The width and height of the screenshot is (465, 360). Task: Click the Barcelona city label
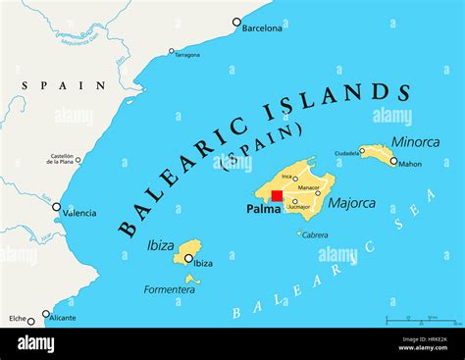click(262, 28)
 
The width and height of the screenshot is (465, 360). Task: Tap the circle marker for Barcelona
click(236, 21)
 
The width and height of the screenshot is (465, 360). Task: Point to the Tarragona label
click(186, 55)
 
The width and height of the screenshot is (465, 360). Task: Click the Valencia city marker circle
click(56, 207)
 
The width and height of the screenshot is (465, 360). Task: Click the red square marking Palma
click(277, 196)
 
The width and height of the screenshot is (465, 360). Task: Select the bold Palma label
click(263, 209)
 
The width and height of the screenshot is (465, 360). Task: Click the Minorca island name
click(415, 141)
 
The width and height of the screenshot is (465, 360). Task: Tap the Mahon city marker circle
click(393, 161)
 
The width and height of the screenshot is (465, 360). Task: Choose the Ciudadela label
click(346, 153)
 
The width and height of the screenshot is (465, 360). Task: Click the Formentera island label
click(169, 289)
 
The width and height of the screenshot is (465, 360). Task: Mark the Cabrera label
click(315, 235)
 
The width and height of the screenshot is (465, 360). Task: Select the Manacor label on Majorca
click(310, 185)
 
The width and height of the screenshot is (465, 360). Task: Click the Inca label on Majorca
click(286, 177)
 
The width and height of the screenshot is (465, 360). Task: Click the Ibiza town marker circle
click(187, 259)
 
